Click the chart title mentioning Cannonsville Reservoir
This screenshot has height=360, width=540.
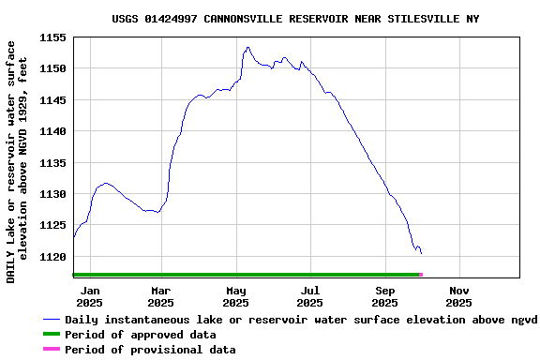[x=295, y=19]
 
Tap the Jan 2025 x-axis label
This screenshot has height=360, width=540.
[x=89, y=296]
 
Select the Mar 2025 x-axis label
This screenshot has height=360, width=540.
[x=160, y=296]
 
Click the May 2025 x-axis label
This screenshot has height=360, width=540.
[x=235, y=296]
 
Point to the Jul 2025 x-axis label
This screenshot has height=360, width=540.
[x=309, y=296]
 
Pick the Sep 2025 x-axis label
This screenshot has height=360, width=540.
[x=384, y=296]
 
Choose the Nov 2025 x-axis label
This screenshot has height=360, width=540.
[x=458, y=296]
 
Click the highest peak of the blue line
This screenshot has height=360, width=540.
[x=247, y=47]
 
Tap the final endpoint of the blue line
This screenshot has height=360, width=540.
[x=421, y=254]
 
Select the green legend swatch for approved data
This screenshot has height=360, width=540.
[x=52, y=335]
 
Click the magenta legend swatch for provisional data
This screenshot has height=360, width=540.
[x=52, y=350]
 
